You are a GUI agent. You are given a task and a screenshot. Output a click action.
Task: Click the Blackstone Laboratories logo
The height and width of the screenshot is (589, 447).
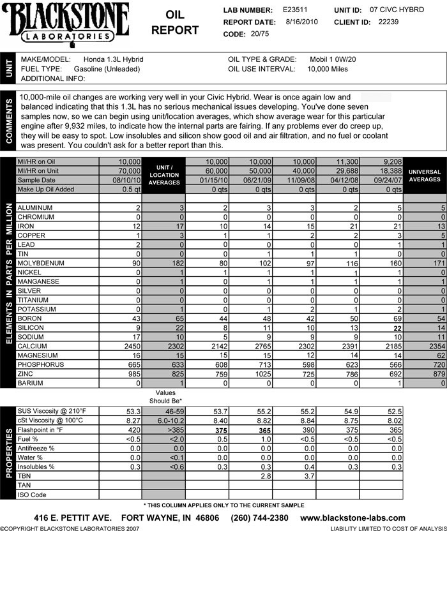(66, 23)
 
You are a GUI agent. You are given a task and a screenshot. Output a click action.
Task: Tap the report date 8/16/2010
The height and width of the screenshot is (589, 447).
(303, 22)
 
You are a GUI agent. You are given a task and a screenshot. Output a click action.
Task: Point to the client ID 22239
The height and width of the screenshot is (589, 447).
(388, 22)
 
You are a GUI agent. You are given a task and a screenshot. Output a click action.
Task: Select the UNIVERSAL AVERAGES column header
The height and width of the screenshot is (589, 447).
(425, 175)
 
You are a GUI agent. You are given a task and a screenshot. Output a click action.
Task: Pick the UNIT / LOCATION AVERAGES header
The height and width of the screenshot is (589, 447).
(163, 175)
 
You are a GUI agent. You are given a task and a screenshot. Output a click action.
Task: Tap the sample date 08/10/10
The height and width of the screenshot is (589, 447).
(127, 181)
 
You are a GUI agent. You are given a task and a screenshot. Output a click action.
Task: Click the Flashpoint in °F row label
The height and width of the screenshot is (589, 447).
(45, 430)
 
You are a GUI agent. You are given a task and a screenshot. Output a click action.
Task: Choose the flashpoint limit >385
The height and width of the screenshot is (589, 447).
(163, 430)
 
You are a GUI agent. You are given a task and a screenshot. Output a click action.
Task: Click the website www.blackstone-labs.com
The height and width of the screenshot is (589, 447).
(352, 518)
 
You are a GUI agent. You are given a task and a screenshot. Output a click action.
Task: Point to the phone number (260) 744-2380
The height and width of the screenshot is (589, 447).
(259, 518)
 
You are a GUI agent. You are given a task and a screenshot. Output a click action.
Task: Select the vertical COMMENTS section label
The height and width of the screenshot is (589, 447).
(9, 120)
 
